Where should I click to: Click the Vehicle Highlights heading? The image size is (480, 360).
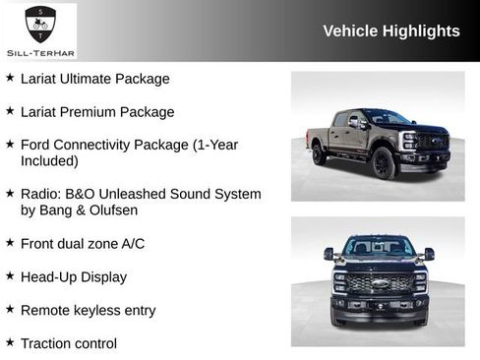point(390,30)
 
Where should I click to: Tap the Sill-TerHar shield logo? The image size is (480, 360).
point(40,23)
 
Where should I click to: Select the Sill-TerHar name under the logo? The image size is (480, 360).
point(40,49)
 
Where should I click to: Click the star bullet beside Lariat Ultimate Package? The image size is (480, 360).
point(10,78)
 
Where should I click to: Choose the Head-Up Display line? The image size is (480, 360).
point(74,277)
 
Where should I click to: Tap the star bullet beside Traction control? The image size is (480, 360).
point(10,342)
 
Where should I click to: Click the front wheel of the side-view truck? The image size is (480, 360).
point(384,163)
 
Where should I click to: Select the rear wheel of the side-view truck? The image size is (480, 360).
point(319,154)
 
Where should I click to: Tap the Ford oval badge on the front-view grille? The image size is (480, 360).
point(380,283)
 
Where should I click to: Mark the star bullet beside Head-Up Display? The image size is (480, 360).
point(10,276)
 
